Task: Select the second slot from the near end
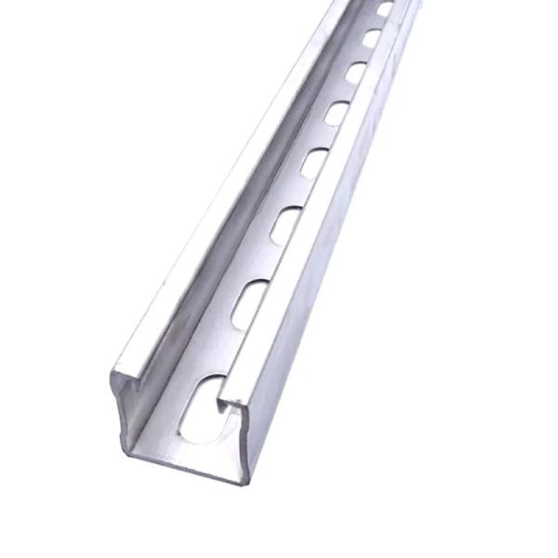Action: coord(249,304)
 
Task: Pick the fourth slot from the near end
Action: coord(313,163)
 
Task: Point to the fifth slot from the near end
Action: coord(337,113)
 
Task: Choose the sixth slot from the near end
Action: coord(355,72)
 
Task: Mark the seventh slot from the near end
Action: coord(371,38)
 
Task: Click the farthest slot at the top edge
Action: coord(385,8)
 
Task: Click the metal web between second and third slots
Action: coord(268,264)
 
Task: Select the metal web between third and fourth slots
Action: coord(299,193)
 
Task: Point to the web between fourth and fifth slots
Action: coord(325,138)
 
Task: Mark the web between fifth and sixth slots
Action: coord(346,92)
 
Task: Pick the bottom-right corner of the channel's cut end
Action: coord(244,480)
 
